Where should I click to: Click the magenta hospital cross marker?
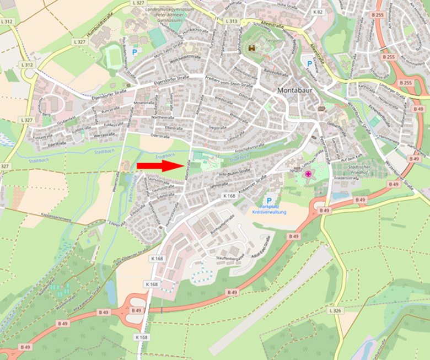click(308, 175)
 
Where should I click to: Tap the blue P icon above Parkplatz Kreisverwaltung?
click(269, 201)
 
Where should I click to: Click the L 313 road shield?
click(232, 21)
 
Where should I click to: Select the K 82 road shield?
click(318, 11)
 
